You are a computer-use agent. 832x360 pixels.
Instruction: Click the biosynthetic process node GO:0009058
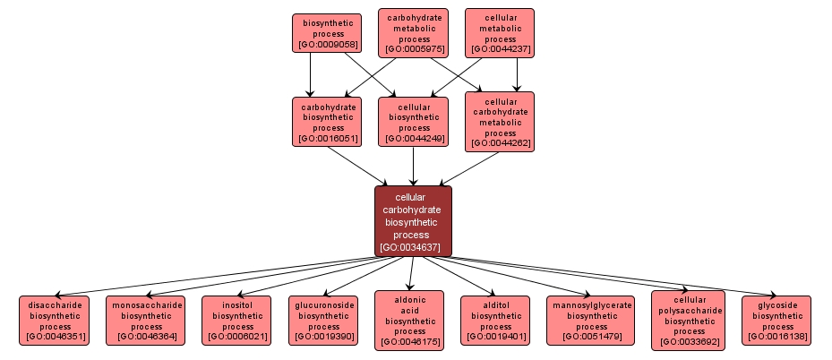pos(327,32)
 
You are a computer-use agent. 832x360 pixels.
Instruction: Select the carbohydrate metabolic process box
pos(413,33)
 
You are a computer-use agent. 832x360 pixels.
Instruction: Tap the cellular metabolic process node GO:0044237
pos(500,33)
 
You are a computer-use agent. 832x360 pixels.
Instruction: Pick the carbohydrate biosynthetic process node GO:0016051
pos(327,121)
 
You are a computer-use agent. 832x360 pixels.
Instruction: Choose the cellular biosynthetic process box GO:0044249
pos(413,121)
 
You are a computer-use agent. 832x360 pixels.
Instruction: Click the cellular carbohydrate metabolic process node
pos(500,121)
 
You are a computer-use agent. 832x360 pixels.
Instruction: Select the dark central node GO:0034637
pos(413,220)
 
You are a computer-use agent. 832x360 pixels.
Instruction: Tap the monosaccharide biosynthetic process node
pos(145,321)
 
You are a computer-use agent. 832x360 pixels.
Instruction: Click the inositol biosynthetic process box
pos(236,321)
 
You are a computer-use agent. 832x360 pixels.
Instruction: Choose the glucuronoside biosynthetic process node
pos(324,321)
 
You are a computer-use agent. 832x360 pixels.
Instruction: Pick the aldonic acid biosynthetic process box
pos(410,321)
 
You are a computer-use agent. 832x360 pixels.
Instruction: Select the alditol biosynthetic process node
pos(496,321)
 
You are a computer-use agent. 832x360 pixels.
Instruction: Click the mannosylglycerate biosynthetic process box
pos(592,321)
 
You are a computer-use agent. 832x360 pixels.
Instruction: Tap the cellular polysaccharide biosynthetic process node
pos(688,320)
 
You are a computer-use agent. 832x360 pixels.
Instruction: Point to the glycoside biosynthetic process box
pos(776,321)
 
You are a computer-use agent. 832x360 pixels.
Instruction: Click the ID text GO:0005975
pos(413,49)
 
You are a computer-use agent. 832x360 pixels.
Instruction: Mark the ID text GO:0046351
pos(56,337)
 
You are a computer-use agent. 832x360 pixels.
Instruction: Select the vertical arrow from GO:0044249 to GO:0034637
pos(413,166)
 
